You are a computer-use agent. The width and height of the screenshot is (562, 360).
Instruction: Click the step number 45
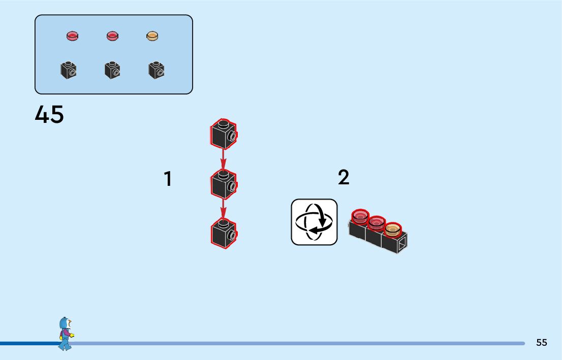(x=49, y=115)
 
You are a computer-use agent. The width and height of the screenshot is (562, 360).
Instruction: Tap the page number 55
(x=542, y=343)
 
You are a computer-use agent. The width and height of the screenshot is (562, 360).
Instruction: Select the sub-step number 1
(x=168, y=179)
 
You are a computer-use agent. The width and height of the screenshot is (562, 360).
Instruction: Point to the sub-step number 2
(x=344, y=177)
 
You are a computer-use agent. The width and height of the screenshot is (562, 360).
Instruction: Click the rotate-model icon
(x=314, y=222)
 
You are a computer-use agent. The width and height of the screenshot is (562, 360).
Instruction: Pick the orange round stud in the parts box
(x=152, y=36)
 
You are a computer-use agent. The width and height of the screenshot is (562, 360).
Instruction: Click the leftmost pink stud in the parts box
(x=73, y=36)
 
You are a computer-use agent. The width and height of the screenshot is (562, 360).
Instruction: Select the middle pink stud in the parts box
(x=112, y=36)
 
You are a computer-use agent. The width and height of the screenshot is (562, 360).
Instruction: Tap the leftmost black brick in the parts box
(x=68, y=70)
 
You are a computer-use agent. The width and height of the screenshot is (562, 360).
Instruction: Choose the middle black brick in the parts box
(x=112, y=70)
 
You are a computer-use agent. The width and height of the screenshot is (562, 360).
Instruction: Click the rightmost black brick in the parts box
(x=157, y=70)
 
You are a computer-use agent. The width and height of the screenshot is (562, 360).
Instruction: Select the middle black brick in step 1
(x=224, y=184)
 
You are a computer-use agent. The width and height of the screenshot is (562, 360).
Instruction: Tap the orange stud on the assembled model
(x=392, y=230)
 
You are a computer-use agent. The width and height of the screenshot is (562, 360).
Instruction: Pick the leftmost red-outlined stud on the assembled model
(x=360, y=217)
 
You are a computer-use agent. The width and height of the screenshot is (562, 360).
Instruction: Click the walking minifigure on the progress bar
(x=65, y=334)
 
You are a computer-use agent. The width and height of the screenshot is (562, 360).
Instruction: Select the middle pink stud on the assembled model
(x=377, y=223)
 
